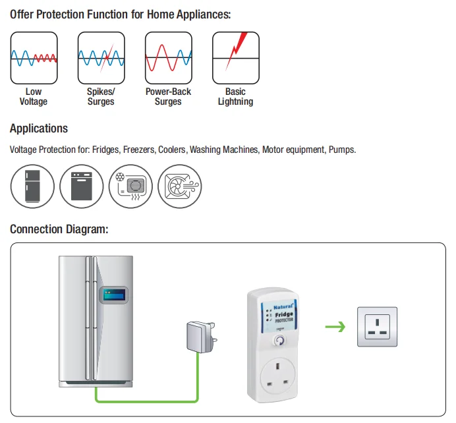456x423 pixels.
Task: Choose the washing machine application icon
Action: [82, 186]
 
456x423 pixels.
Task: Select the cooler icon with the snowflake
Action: [130, 186]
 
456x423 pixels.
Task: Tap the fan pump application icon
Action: [179, 186]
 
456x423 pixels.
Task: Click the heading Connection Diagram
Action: [59, 229]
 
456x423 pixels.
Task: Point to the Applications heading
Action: [39, 128]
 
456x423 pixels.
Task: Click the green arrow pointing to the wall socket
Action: [335, 326]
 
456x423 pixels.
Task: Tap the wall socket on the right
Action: [378, 326]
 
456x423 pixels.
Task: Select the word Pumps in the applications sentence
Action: [342, 150]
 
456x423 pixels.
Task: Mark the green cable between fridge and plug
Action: [145, 400]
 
